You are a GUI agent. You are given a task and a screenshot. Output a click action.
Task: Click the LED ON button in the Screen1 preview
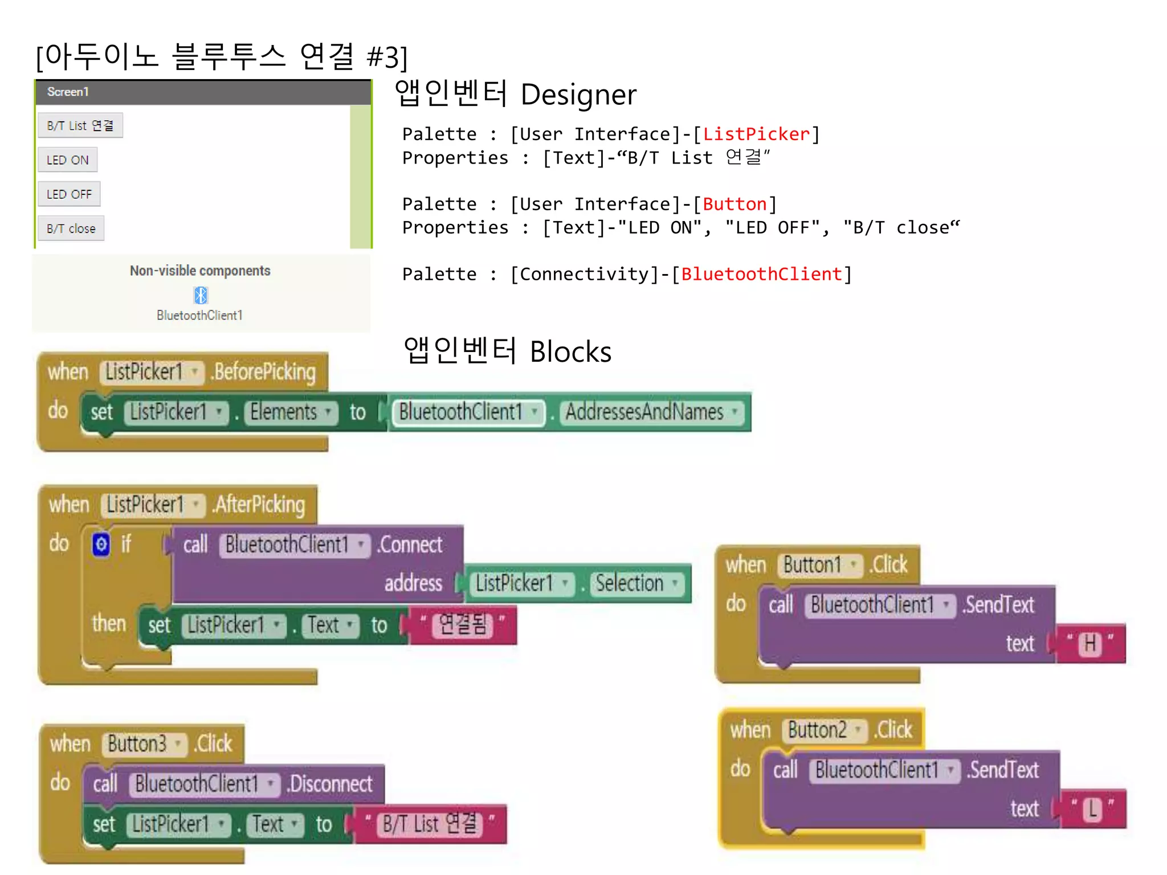pyautogui.click(x=67, y=160)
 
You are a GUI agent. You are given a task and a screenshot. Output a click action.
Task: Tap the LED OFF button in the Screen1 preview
pyautogui.click(x=69, y=194)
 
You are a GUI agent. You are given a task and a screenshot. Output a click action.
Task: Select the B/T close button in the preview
pyautogui.click(x=71, y=228)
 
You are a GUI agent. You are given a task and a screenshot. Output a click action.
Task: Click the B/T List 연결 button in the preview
pyautogui.click(x=80, y=125)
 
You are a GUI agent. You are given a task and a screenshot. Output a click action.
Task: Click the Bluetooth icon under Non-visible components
pyautogui.click(x=201, y=295)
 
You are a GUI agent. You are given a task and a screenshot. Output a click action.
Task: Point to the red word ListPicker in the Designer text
pyautogui.click(x=756, y=134)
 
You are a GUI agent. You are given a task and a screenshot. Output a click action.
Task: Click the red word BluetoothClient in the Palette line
pyautogui.click(x=761, y=275)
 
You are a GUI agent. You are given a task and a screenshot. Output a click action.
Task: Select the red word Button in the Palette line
pyautogui.click(x=735, y=205)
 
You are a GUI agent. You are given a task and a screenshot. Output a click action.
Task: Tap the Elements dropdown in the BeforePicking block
pyautogui.click(x=290, y=412)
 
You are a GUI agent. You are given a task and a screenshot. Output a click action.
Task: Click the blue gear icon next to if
pyautogui.click(x=101, y=545)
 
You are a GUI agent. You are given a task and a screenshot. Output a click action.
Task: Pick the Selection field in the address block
pyautogui.click(x=636, y=583)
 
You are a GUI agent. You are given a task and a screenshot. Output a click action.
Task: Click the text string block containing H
pyautogui.click(x=1090, y=644)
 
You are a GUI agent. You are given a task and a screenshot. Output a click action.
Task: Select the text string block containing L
pyautogui.click(x=1092, y=809)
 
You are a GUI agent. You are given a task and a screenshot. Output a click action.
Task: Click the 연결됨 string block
pyautogui.click(x=463, y=625)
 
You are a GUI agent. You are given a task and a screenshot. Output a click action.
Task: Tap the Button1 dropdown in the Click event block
pyautogui.click(x=819, y=565)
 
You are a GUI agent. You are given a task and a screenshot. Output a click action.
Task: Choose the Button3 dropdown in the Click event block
pyautogui.click(x=144, y=744)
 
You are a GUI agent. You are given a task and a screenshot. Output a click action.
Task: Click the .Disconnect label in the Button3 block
pyautogui.click(x=330, y=784)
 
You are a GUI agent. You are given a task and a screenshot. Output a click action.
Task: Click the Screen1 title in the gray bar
pyautogui.click(x=68, y=92)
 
